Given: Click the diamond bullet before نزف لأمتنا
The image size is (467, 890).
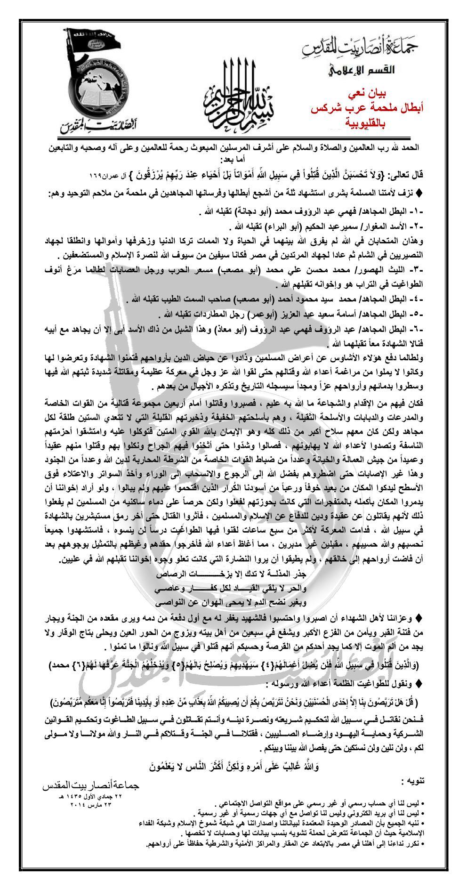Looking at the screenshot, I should coord(420,192).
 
